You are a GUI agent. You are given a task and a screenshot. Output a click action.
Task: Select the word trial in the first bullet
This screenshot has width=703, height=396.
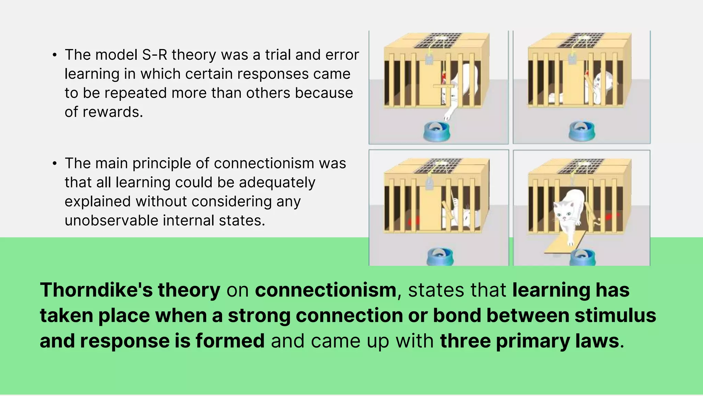278,55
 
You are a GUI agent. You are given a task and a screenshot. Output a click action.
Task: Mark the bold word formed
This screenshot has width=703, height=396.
230,341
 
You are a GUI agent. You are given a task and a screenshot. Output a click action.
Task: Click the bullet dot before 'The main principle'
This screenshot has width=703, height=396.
55,164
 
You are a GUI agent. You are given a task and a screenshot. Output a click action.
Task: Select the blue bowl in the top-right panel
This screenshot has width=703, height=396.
582,131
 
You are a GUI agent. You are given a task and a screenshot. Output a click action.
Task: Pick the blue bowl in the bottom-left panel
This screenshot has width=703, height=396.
440,256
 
